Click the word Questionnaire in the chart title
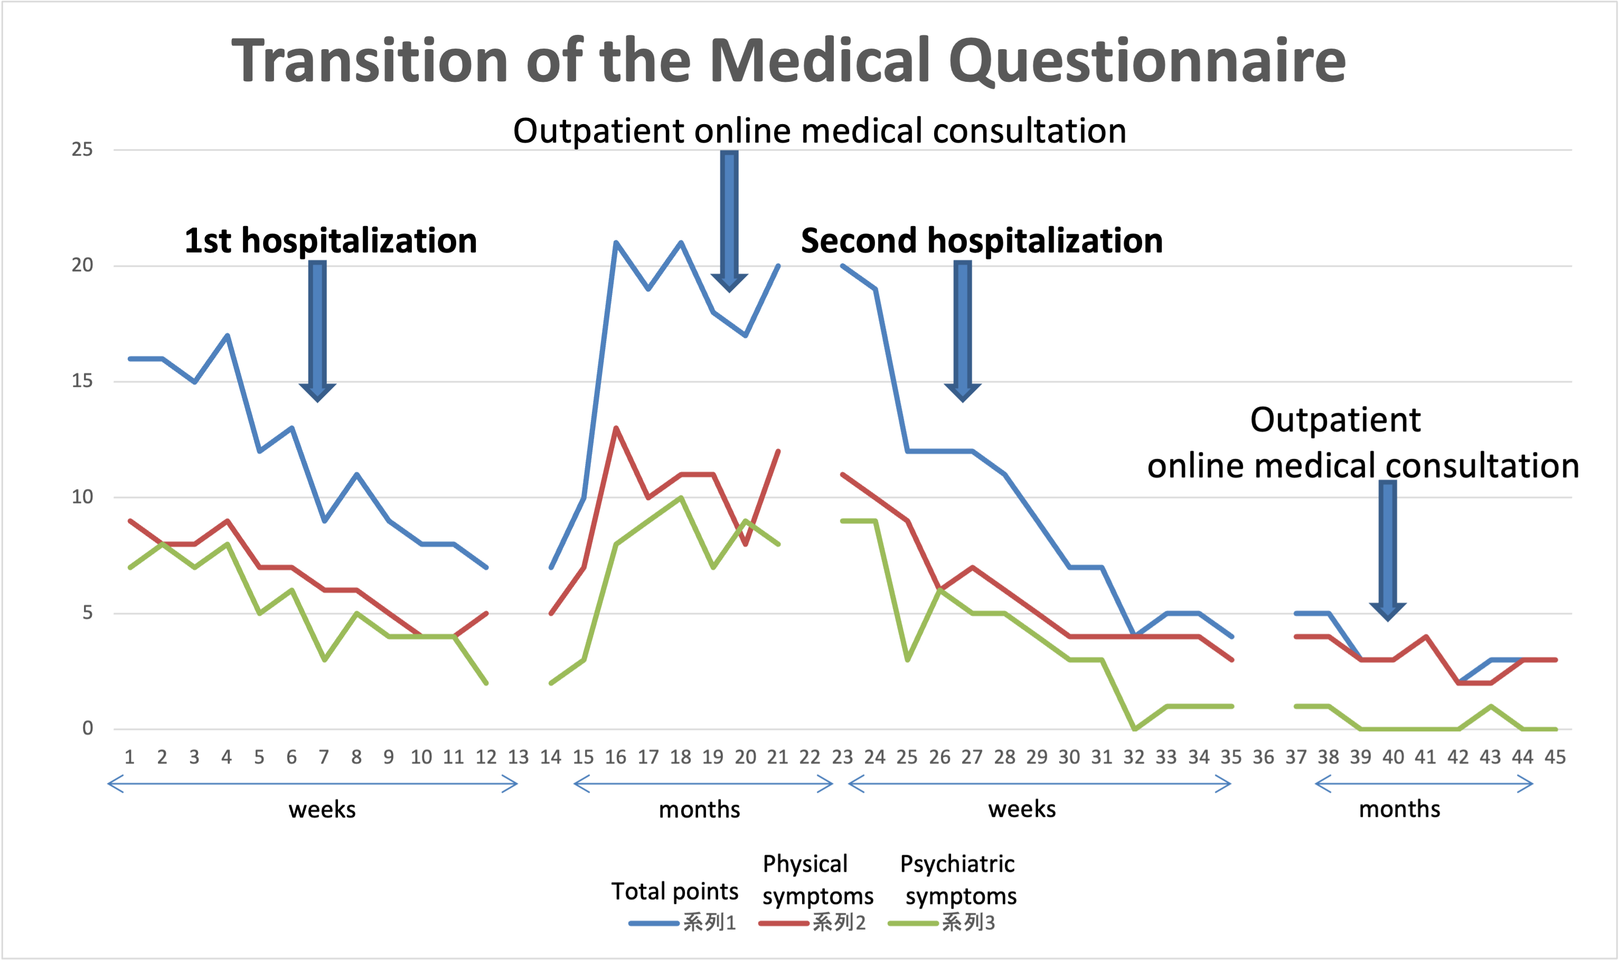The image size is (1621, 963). pyautogui.click(x=1147, y=62)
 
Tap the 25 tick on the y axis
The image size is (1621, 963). pyautogui.click(x=82, y=149)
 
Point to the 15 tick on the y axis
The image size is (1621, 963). pyautogui.click(x=82, y=381)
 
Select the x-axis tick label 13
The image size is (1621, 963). pyautogui.click(x=518, y=757)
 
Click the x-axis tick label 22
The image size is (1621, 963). pyautogui.click(x=809, y=757)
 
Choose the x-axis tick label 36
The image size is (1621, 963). pyautogui.click(x=1263, y=757)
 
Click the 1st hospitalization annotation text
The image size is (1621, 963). pyautogui.click(x=331, y=241)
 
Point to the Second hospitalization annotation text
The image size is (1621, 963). pyautogui.click(x=981, y=241)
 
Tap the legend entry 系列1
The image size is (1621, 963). pyautogui.click(x=709, y=922)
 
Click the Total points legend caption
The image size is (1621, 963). pyautogui.click(x=674, y=891)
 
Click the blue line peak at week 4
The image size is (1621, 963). pyautogui.click(x=227, y=335)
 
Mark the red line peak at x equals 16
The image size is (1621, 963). pyautogui.click(x=615, y=428)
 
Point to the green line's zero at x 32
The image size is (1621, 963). pyautogui.click(x=1134, y=729)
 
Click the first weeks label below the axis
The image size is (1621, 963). pyautogui.click(x=322, y=809)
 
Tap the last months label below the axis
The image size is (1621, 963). pyautogui.click(x=1399, y=809)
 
